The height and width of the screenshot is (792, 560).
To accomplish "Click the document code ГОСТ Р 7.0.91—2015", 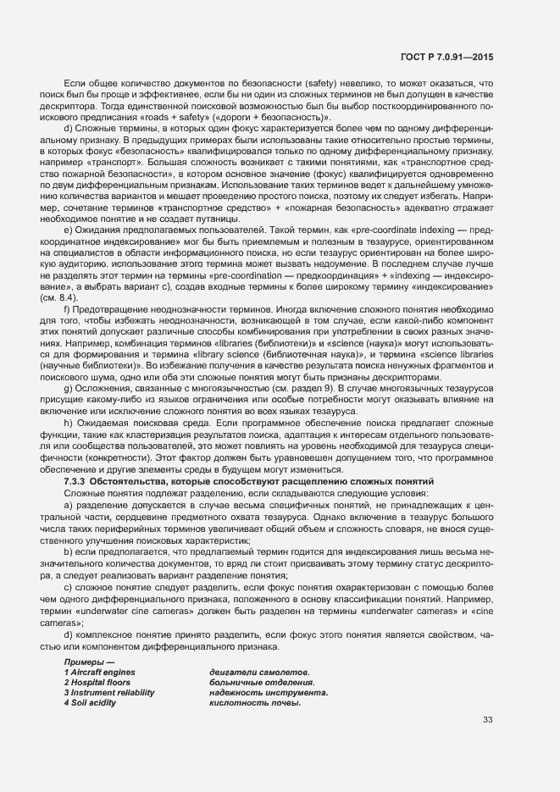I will coord(447,57).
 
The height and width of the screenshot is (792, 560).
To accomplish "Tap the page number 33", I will coord(487,720).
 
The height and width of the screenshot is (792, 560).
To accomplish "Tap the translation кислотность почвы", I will coord(255,702).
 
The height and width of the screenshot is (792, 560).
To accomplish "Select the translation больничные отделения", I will coord(262,682).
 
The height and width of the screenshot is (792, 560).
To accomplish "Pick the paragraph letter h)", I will coord(68,422).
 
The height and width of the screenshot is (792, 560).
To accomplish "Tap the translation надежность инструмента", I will coord(269,692).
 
